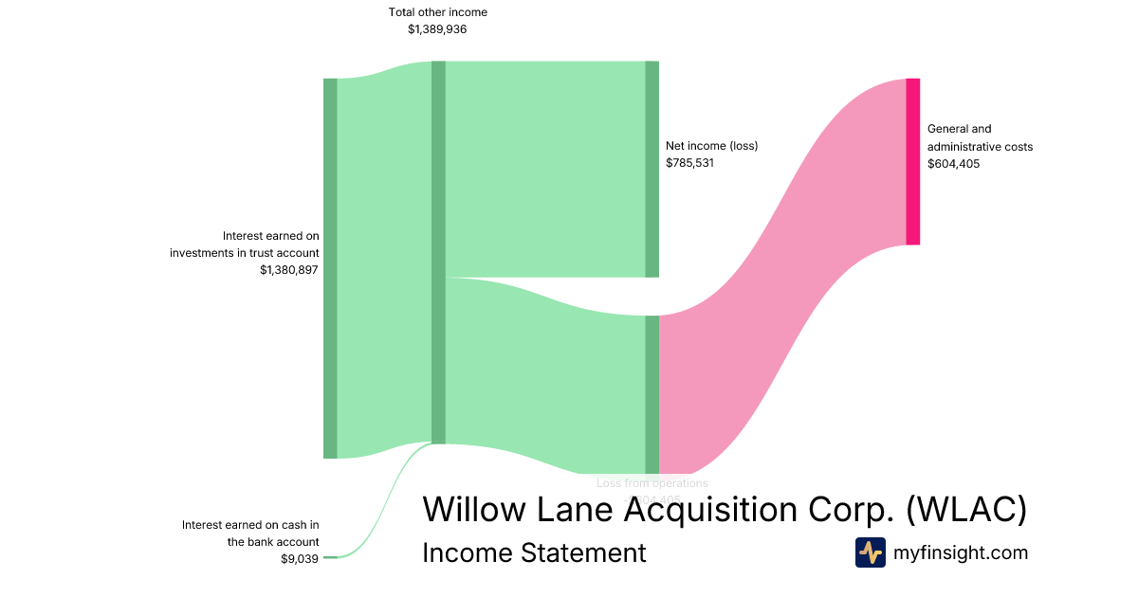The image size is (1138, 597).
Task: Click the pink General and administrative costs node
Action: [x=912, y=161]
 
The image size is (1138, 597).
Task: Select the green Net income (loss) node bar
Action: [x=652, y=169]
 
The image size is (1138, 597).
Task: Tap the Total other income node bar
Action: [x=438, y=252]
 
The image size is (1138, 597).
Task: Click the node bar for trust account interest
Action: [x=330, y=268]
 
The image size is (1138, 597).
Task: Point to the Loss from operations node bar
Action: [x=652, y=394]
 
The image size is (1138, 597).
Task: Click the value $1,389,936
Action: [x=437, y=29]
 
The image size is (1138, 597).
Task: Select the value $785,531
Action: [x=689, y=163]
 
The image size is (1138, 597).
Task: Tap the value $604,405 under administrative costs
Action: [x=953, y=164]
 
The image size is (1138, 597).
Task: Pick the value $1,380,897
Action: [x=289, y=270]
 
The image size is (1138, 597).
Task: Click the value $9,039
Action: [x=300, y=559]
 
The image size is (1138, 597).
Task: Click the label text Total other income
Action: [x=438, y=12]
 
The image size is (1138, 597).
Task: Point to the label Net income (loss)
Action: [x=711, y=146]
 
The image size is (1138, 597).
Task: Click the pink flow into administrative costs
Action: [x=782, y=275]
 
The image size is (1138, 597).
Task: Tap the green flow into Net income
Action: [x=545, y=169]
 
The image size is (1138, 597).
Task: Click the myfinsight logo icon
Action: [x=870, y=552]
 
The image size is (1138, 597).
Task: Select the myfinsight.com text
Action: [x=961, y=552]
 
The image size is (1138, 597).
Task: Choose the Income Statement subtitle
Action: [x=534, y=552]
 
